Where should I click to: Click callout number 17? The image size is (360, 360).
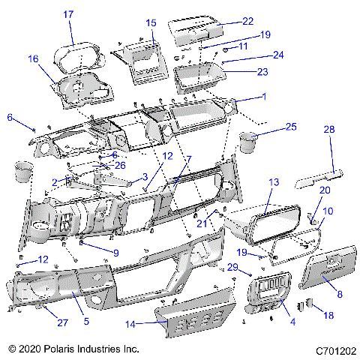[68, 14]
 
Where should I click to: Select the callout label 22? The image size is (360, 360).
[247, 21]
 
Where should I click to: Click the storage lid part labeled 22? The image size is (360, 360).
[196, 31]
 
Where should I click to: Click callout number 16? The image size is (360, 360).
[33, 58]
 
